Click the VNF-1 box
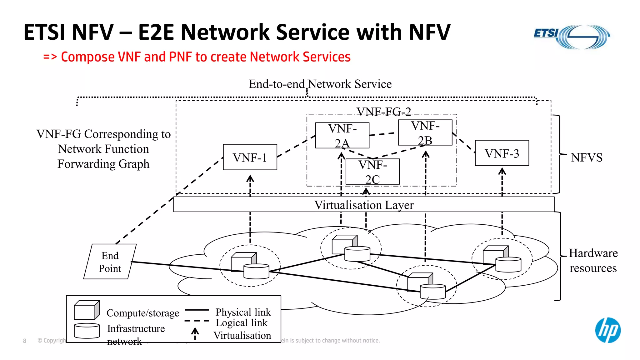pos(250,157)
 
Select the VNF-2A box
pos(342,135)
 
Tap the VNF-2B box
pos(425,132)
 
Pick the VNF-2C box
pos(372,172)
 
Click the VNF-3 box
pos(502,153)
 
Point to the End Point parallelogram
pos(110,262)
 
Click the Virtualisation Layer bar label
pos(364,205)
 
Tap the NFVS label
pos(587,157)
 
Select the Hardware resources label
pos(593,260)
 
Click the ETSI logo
pos(572,37)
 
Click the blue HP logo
pos(608,330)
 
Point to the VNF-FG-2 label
pos(384,112)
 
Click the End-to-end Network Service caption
pos(320,84)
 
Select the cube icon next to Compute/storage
pos(87,310)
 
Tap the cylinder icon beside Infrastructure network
pos(87,331)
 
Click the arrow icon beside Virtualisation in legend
pos(195,333)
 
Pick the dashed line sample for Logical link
pos(197,321)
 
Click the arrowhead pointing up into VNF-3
pos(502,171)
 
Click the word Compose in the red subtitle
pos(88,57)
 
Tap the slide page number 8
pos(25,341)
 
